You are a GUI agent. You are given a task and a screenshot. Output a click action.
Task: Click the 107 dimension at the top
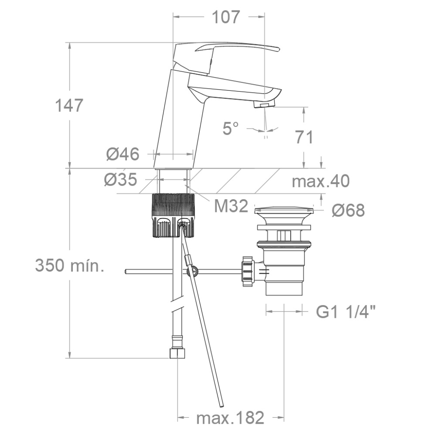(225, 17)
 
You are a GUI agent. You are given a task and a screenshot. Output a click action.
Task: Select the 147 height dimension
(69, 106)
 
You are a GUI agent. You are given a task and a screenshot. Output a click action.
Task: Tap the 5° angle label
(231, 128)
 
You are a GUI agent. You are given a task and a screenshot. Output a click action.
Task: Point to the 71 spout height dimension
(304, 137)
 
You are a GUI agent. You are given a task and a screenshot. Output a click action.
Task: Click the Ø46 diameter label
(123, 154)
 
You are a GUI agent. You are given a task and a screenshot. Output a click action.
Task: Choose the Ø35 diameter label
(121, 179)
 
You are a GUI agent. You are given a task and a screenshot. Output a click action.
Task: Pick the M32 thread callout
(231, 206)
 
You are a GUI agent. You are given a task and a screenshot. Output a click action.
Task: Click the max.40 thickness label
(320, 181)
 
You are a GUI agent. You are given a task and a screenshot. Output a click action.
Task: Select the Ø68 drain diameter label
(348, 210)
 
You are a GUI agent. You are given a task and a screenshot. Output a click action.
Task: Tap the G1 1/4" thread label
(346, 312)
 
